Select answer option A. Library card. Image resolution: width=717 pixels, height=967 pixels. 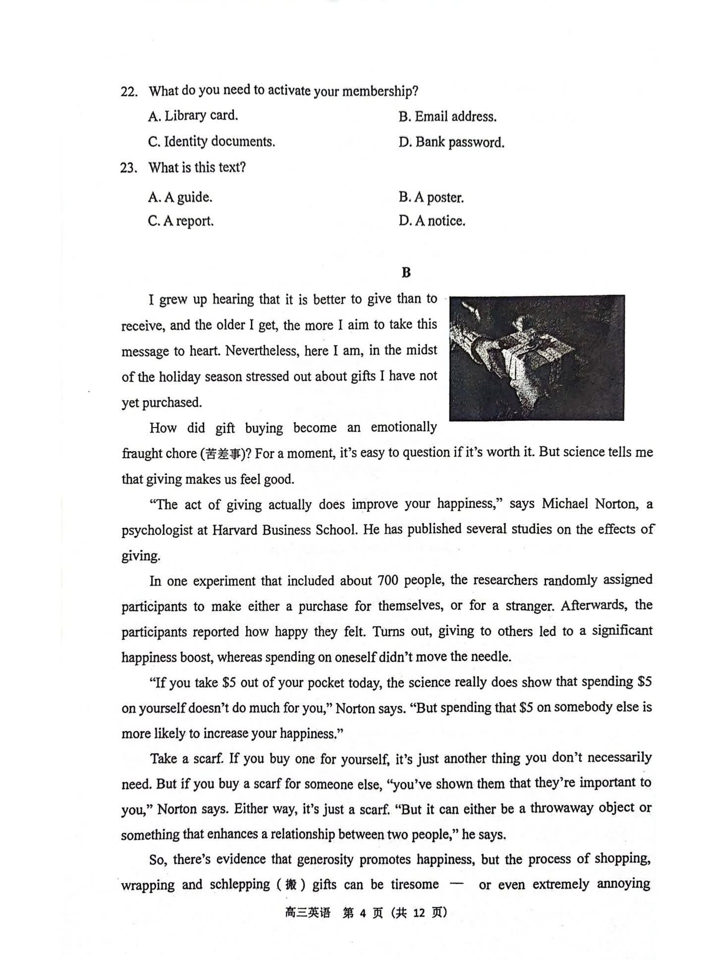click(193, 116)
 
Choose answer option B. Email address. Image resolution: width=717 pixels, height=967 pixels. click(447, 117)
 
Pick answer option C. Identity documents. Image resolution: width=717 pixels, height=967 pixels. click(212, 142)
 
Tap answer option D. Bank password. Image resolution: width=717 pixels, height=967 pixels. click(451, 143)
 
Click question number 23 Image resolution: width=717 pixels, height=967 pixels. click(128, 168)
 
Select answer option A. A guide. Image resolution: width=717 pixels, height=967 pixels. click(180, 197)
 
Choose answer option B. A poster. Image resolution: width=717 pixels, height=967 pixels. click(431, 197)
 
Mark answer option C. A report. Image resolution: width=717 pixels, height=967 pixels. click(180, 221)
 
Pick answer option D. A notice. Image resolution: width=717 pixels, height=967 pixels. click(432, 221)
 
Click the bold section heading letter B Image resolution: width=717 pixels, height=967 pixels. click(406, 272)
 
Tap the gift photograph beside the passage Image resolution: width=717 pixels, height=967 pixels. click(537, 358)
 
